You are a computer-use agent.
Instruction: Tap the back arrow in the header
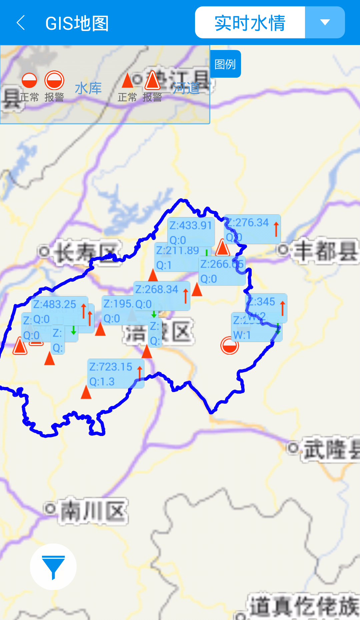click(21, 23)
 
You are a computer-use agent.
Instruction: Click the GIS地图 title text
click(77, 23)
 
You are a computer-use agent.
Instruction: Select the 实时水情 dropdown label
click(250, 23)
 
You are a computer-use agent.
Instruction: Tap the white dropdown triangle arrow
click(325, 22)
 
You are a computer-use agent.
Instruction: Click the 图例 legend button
click(225, 64)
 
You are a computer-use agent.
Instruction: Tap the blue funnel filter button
click(53, 567)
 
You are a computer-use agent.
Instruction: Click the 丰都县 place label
click(325, 251)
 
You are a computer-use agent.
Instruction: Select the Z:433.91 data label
click(191, 226)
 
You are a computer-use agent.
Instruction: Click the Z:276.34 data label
click(248, 223)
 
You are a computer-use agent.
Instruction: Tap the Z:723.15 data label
click(111, 367)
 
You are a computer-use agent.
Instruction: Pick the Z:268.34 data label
click(157, 289)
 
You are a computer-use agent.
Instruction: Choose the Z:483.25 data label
click(55, 304)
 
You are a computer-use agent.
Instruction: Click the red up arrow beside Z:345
click(283, 308)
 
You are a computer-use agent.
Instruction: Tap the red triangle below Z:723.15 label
click(86, 393)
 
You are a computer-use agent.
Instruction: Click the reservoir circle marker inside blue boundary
click(230, 345)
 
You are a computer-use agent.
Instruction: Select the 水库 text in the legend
click(88, 89)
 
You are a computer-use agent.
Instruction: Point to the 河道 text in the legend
click(186, 89)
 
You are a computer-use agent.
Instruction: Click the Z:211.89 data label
click(177, 251)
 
